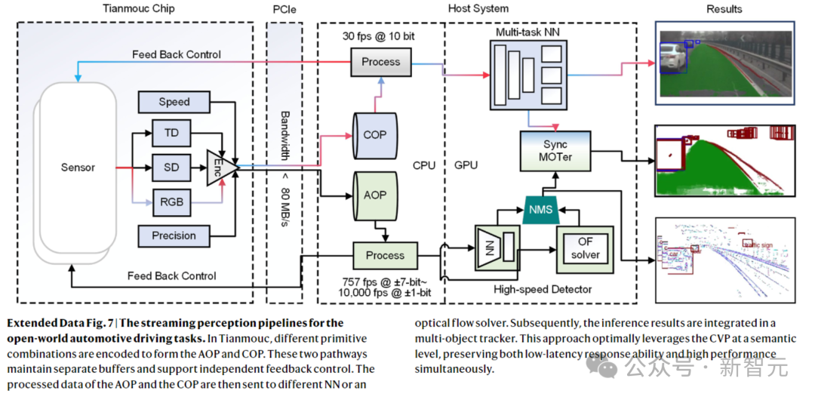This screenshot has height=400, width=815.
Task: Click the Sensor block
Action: coord(78,168)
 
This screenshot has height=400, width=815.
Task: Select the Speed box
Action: coord(174,102)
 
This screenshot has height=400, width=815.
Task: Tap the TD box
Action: coord(171,133)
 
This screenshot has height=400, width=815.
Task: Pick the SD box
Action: coord(171,167)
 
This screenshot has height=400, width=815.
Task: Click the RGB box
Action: coord(171,201)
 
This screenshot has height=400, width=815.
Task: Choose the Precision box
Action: coord(174,235)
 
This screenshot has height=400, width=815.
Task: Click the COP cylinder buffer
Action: coord(375,136)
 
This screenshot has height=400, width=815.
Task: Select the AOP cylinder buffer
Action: coord(375,194)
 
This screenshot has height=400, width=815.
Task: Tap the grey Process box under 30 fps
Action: coord(381,62)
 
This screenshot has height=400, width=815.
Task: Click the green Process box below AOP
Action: coord(385,256)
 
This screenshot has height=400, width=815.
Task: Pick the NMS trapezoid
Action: coord(540,209)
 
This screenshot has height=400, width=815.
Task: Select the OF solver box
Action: coord(585,248)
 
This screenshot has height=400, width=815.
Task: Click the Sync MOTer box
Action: coord(555,150)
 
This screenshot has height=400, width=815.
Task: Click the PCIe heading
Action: coord(284,8)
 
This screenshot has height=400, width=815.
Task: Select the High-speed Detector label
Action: coord(543,289)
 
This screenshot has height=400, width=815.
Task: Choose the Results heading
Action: coord(724,9)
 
